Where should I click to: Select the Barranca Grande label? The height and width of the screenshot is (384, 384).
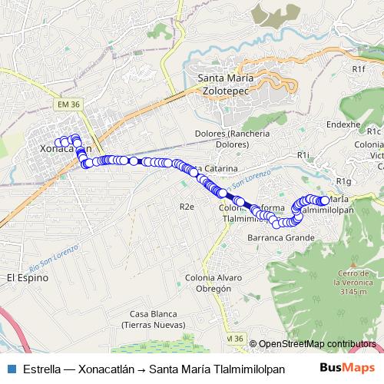point(280,238)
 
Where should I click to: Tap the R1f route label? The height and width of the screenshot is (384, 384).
point(359,68)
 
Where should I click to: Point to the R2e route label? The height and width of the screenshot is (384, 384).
point(187,207)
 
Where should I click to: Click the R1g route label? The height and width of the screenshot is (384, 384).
point(343,181)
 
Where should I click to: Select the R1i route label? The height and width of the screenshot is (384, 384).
point(303,154)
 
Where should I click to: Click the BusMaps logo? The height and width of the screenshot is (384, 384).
point(346,367)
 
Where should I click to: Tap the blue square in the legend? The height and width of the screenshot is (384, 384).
point(11,368)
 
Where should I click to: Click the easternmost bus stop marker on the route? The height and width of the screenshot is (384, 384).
point(325,201)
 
